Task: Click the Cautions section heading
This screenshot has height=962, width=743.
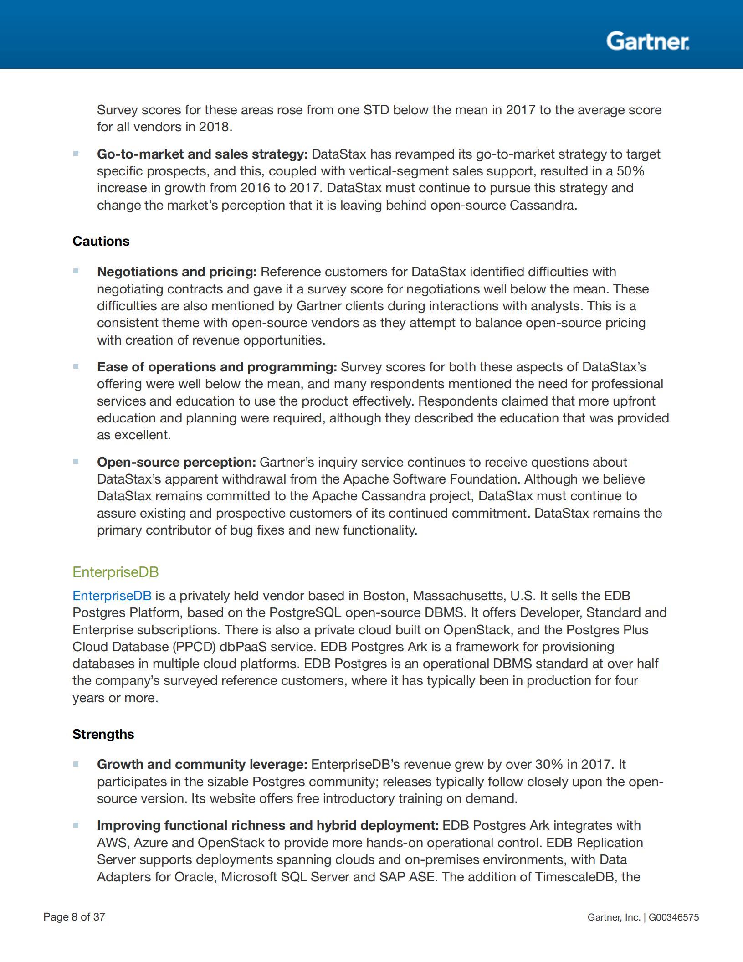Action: [101, 241]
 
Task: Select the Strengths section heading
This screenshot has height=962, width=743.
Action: [103, 734]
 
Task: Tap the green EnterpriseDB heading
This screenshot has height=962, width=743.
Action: [115, 572]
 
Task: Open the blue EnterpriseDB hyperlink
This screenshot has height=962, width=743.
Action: [112, 596]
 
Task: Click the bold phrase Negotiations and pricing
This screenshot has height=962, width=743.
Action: [177, 272]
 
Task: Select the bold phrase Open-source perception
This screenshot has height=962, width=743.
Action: [176, 462]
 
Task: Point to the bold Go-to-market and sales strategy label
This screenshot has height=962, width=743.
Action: [202, 154]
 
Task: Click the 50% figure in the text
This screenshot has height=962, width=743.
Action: [630, 171]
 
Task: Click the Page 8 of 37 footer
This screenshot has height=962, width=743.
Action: [74, 917]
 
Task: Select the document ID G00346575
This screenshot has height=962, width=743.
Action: [673, 917]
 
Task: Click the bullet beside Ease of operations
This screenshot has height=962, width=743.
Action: [76, 366]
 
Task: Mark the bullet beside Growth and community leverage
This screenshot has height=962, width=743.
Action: [76, 764]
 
